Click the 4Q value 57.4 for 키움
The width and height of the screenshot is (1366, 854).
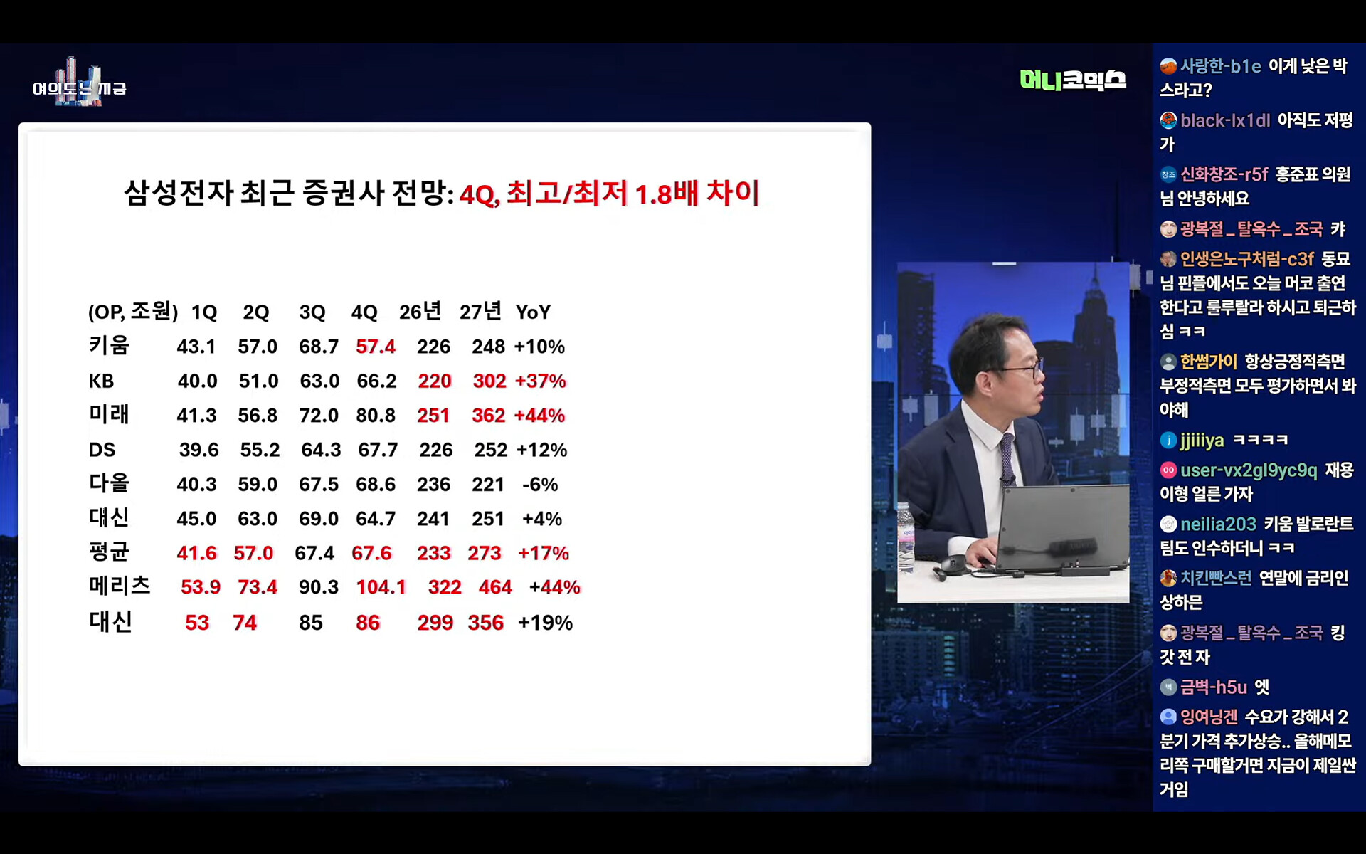pos(376,347)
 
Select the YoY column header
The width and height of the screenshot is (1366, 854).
pos(533,312)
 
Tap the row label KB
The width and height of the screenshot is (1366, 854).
pos(101,381)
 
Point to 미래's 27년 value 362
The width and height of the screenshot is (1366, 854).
pos(489,416)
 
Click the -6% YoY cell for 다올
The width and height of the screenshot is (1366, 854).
pos(540,485)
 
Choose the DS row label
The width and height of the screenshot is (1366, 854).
pos(102,450)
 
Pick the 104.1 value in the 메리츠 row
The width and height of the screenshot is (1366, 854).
pos(381,587)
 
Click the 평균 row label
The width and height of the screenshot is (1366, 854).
pos(109,552)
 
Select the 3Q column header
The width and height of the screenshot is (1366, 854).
pos(312,312)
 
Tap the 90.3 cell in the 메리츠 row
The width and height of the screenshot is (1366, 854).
pos(319,587)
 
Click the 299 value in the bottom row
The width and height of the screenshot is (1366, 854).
pos(435,623)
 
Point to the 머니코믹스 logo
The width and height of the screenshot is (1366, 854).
pos(1073,80)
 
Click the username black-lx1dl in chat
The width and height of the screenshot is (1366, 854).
pos(1225,120)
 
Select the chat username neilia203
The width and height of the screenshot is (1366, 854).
pos(1218,524)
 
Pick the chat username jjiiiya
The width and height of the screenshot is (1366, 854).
pos(1202,441)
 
